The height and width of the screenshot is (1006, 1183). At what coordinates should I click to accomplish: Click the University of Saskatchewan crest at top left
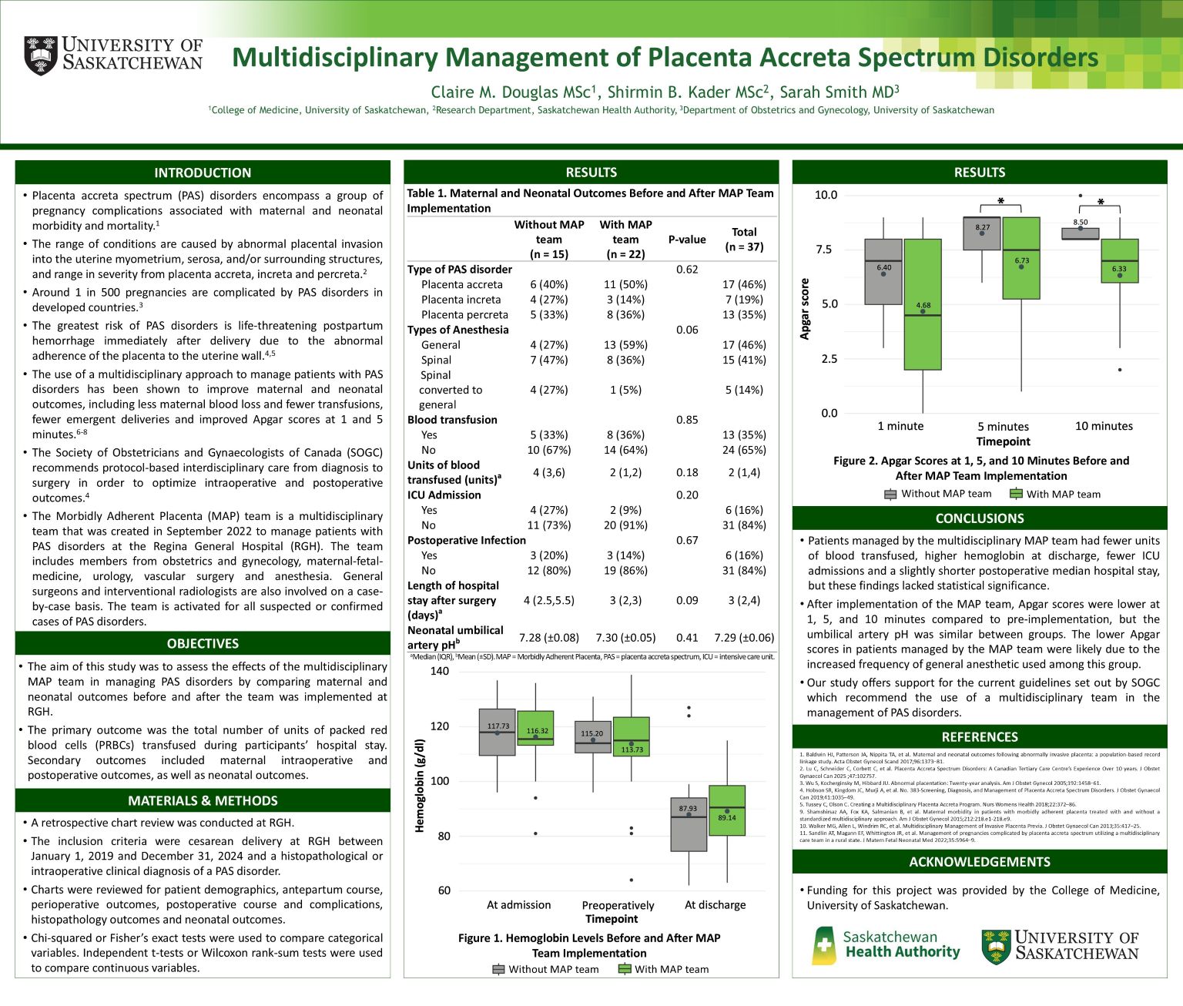[x=41, y=55]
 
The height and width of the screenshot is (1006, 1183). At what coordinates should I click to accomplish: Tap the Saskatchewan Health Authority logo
[x=886, y=945]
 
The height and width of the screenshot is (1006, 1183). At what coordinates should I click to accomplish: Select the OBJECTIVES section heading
[x=203, y=643]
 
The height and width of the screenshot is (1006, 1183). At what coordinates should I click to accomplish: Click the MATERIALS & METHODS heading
[x=203, y=800]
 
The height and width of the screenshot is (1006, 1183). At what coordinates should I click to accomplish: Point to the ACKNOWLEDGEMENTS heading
[x=980, y=862]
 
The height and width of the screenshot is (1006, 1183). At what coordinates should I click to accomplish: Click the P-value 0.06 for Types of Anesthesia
[x=687, y=330]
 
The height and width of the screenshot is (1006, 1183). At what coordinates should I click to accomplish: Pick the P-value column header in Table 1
[x=687, y=240]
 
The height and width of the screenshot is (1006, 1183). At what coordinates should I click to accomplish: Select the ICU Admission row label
[x=444, y=495]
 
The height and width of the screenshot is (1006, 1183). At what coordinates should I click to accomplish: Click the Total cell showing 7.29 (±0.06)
[x=744, y=638]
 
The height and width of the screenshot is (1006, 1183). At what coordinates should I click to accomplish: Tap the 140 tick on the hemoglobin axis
[x=440, y=671]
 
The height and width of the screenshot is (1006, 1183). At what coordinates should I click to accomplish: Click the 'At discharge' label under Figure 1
[x=715, y=905]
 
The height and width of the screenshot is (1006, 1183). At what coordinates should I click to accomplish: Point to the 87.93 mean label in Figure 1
[x=688, y=809]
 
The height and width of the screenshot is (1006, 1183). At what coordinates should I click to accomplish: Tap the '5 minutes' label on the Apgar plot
[x=1003, y=427]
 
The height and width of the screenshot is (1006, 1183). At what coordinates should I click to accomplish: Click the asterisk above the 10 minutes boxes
[x=1101, y=203]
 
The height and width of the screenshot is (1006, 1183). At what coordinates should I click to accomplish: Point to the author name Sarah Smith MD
[x=839, y=92]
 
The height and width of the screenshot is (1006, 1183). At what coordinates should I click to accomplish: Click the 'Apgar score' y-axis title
[x=805, y=308]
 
